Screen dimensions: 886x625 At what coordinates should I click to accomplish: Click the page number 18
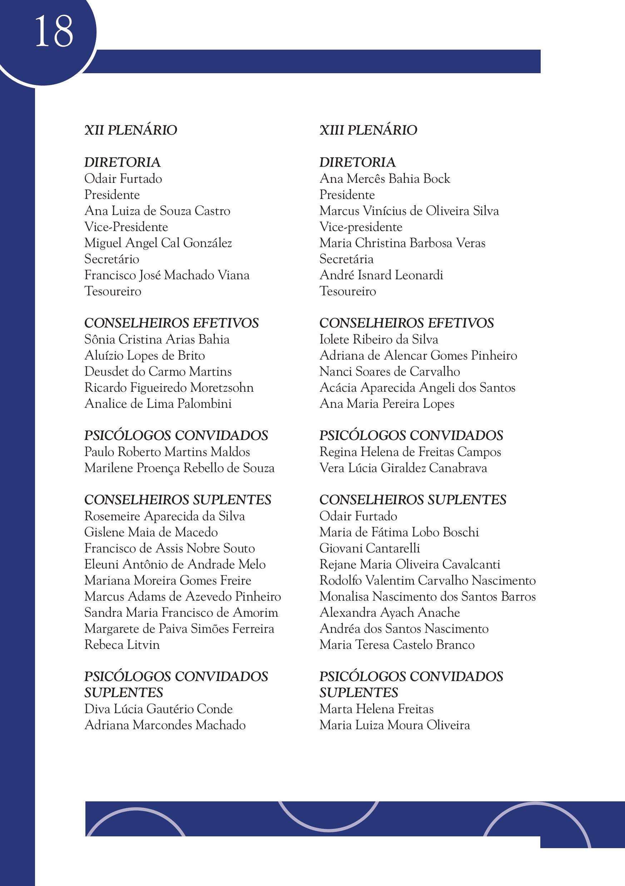(x=54, y=32)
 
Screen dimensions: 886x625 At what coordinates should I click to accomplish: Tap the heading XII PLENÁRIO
(x=130, y=130)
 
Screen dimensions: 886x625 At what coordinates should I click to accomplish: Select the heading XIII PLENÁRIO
(x=368, y=130)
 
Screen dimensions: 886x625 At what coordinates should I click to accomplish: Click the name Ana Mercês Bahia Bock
(x=385, y=179)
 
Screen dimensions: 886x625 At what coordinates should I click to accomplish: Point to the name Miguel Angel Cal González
(x=158, y=243)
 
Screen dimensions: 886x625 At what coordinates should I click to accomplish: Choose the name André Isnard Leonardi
(x=381, y=275)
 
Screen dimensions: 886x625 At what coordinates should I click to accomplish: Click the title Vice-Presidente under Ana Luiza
(x=126, y=227)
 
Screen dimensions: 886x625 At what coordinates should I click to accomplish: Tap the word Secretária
(x=346, y=259)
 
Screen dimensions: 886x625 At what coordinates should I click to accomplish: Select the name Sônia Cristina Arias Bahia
(x=157, y=340)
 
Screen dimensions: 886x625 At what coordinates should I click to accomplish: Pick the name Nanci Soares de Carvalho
(x=390, y=372)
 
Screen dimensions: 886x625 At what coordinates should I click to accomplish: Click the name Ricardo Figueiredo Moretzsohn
(x=169, y=388)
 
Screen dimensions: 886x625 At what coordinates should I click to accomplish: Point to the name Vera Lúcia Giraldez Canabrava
(x=403, y=468)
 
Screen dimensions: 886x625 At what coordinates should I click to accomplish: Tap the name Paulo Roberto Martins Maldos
(x=167, y=452)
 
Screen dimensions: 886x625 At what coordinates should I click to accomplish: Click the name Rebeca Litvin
(x=121, y=645)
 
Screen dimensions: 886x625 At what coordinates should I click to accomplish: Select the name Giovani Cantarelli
(x=369, y=548)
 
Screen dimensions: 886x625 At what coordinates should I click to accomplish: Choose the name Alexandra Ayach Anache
(x=390, y=613)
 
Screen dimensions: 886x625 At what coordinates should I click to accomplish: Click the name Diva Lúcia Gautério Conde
(x=158, y=709)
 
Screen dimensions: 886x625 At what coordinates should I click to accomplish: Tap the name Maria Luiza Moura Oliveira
(x=395, y=725)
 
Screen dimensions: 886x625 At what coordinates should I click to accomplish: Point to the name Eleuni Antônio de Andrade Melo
(x=175, y=565)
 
